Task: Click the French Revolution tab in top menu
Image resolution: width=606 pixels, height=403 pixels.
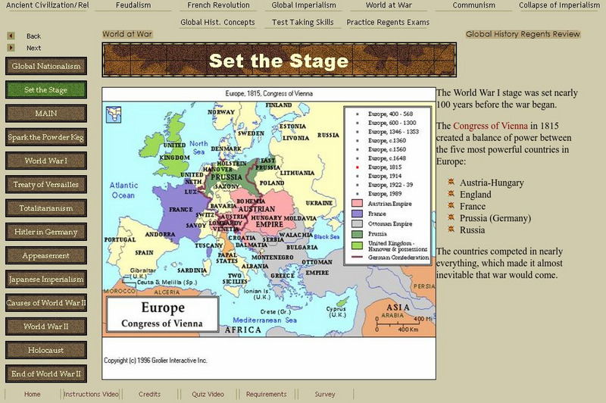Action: click(218, 5)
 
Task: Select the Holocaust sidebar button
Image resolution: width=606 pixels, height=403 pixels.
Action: click(45, 351)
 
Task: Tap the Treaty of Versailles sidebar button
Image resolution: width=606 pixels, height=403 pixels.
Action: click(45, 185)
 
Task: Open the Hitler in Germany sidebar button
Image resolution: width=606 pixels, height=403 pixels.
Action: click(45, 232)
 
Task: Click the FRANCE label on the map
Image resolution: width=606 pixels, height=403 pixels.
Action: click(180, 209)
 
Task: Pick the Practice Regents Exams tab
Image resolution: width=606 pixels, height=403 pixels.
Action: click(388, 23)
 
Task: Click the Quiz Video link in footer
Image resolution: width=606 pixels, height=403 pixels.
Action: click(208, 394)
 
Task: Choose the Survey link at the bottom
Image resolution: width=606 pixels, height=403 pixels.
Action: click(325, 394)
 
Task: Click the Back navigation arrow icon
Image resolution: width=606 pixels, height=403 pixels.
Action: click(11, 36)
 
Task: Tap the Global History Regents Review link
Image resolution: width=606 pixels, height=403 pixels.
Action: click(523, 34)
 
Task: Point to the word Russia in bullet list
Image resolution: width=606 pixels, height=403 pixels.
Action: click(473, 230)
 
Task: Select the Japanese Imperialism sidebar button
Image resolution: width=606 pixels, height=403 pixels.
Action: click(45, 280)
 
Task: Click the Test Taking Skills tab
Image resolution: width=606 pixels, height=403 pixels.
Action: click(302, 23)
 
